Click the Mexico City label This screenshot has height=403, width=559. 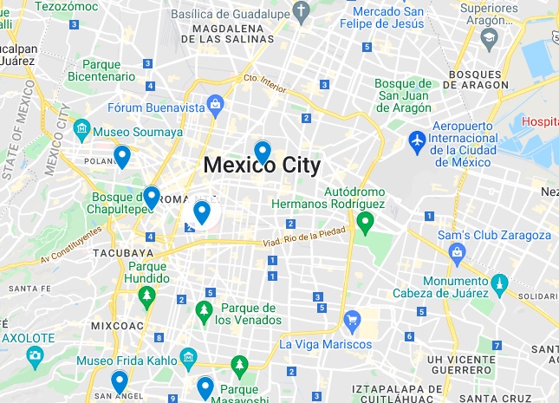pos(261,165)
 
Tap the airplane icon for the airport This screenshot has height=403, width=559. pos(417,139)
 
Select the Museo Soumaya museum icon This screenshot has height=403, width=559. pos(82,131)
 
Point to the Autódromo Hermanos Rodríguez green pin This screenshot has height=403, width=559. pos(365,223)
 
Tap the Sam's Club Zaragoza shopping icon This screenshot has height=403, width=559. pos(457,252)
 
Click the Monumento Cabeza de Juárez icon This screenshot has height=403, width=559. pos(499,283)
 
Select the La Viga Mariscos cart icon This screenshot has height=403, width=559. pos(352,321)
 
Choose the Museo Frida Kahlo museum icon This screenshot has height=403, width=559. pos(188,358)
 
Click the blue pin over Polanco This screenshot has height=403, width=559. pos(122,156)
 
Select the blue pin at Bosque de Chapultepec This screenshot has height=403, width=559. pos(152,198)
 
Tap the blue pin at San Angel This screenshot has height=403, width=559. pos(120,381)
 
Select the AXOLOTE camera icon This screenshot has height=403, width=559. pos(35,354)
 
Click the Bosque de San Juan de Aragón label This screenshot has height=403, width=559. pos(403,95)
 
